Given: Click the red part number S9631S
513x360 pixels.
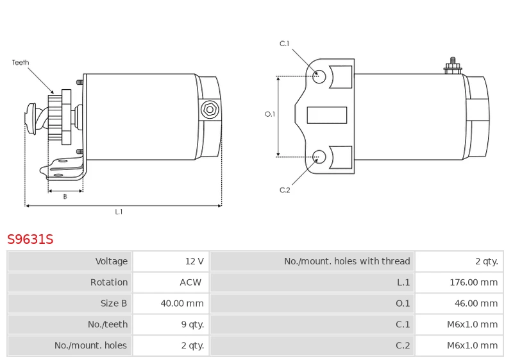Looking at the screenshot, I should click(30, 239).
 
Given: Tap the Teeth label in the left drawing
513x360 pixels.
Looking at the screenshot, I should click(21, 63).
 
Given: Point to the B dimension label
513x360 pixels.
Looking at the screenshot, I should click(65, 197).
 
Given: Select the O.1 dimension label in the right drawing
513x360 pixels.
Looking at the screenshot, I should click(270, 114).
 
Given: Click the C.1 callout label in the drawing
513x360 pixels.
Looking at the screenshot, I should click(285, 44).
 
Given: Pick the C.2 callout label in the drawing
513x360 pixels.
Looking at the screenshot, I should click(285, 190).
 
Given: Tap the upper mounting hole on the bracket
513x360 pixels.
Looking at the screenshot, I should click(319, 76).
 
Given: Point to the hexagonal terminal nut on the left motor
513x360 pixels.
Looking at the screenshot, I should click(209, 110).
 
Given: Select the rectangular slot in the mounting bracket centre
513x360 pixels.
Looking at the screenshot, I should click(327, 115).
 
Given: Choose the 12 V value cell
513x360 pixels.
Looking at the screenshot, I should click(194, 261).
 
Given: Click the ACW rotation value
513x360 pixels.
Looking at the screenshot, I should click(190, 282).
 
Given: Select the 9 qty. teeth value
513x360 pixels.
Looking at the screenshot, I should click(192, 325).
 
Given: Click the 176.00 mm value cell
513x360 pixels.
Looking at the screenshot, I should click(473, 282).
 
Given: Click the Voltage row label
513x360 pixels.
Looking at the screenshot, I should click(112, 261).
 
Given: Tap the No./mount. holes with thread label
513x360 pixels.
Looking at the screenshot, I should click(347, 261).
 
